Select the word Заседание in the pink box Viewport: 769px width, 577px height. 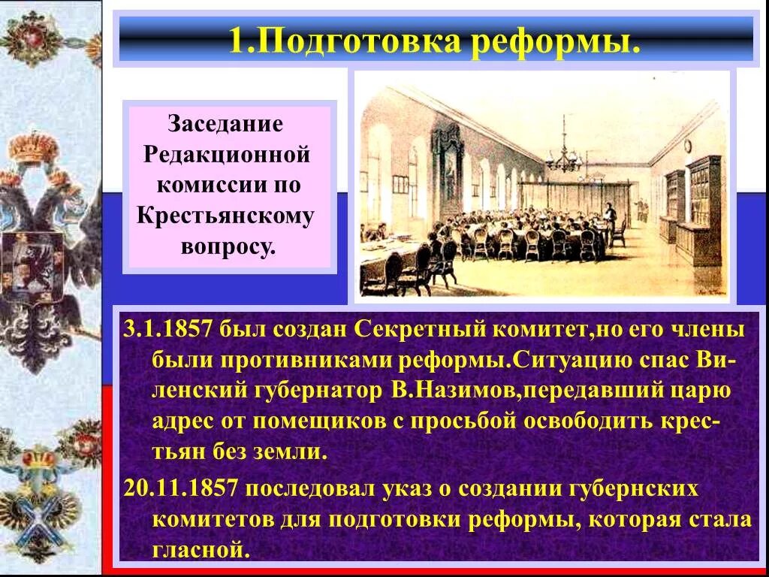pyautogui.click(x=225, y=123)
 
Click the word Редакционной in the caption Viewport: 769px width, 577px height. pyautogui.click(x=227, y=154)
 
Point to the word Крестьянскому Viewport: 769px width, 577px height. pyautogui.click(x=225, y=216)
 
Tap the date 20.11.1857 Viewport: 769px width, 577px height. pyautogui.click(x=181, y=488)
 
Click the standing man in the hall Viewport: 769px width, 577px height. pyautogui.click(x=611, y=217)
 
